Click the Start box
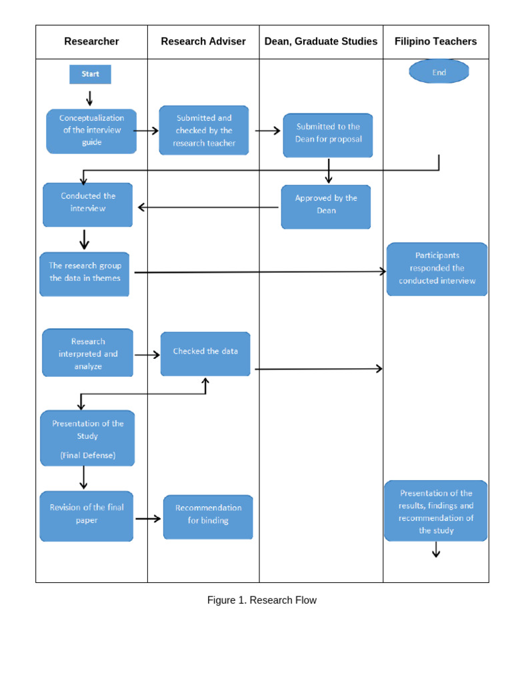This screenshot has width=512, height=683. coord(90,74)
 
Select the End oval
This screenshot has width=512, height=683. coord(439,72)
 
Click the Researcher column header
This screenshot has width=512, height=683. coord(91,41)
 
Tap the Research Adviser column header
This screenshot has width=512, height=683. coord(203,41)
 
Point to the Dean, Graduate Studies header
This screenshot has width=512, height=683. coord(321,41)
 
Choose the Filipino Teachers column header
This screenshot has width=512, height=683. coord(435,41)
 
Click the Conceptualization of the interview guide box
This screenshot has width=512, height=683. coord(91,131)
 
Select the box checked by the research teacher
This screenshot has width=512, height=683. coord(204,131)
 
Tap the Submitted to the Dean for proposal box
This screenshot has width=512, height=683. coord(328,134)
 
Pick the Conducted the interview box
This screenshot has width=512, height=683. coord(88,203)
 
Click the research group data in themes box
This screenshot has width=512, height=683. coord(85,273)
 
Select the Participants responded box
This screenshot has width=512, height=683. coord(437,268)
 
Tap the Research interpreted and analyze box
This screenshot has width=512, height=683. coord(88,353)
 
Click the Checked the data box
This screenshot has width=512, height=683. coord(205,353)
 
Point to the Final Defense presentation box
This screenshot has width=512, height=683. coord(87,438)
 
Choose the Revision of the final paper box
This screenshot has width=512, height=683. coord(87,516)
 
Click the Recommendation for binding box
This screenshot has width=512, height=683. coord(208,516)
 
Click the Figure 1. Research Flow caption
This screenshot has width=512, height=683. coord(261,600)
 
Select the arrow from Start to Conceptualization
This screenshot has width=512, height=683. coord(89,98)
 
